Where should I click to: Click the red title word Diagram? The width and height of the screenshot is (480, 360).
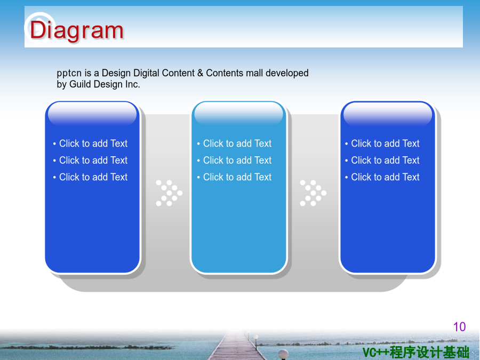click(x=76, y=31)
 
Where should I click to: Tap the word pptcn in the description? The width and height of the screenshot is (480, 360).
click(x=69, y=74)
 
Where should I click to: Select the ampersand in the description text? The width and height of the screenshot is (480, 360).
click(x=200, y=73)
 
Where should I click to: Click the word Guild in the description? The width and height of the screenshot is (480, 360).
click(x=80, y=84)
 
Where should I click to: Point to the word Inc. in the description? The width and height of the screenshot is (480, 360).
click(x=132, y=84)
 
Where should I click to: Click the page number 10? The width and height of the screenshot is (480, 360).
click(x=459, y=327)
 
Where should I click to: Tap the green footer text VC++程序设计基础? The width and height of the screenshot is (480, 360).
click(x=415, y=353)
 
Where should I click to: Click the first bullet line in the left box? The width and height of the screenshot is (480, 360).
click(x=90, y=143)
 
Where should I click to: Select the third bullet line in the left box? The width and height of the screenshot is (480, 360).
click(x=90, y=177)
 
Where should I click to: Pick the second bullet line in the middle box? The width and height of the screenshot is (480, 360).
click(x=234, y=160)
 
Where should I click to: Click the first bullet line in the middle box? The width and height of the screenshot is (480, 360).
click(x=234, y=143)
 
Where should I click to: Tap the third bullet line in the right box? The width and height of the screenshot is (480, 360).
click(x=382, y=177)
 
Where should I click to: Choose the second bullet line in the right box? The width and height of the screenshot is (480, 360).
click(x=382, y=160)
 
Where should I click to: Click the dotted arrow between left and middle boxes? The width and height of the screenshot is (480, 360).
click(x=169, y=193)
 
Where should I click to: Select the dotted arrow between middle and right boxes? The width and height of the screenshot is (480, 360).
click(x=313, y=193)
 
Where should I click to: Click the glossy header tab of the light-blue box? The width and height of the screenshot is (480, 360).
click(x=239, y=113)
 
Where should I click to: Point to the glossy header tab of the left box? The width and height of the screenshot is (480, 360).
click(x=92, y=113)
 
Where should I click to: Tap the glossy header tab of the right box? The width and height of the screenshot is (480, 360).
click(x=388, y=113)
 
